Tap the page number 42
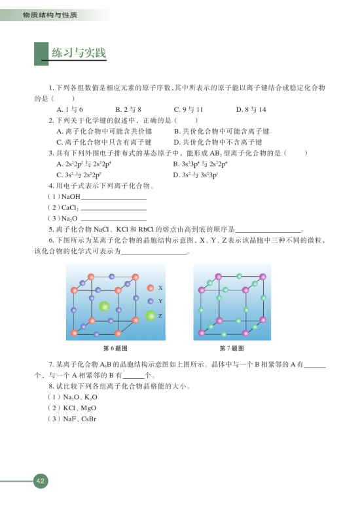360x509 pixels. point(41,482)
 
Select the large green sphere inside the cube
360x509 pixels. point(103,306)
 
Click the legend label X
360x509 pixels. point(160,287)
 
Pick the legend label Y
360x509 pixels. point(160,302)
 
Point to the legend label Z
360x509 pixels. point(160,316)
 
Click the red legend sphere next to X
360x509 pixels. point(151,287)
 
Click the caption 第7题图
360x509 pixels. point(232,347)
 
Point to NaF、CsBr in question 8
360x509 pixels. point(77,419)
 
